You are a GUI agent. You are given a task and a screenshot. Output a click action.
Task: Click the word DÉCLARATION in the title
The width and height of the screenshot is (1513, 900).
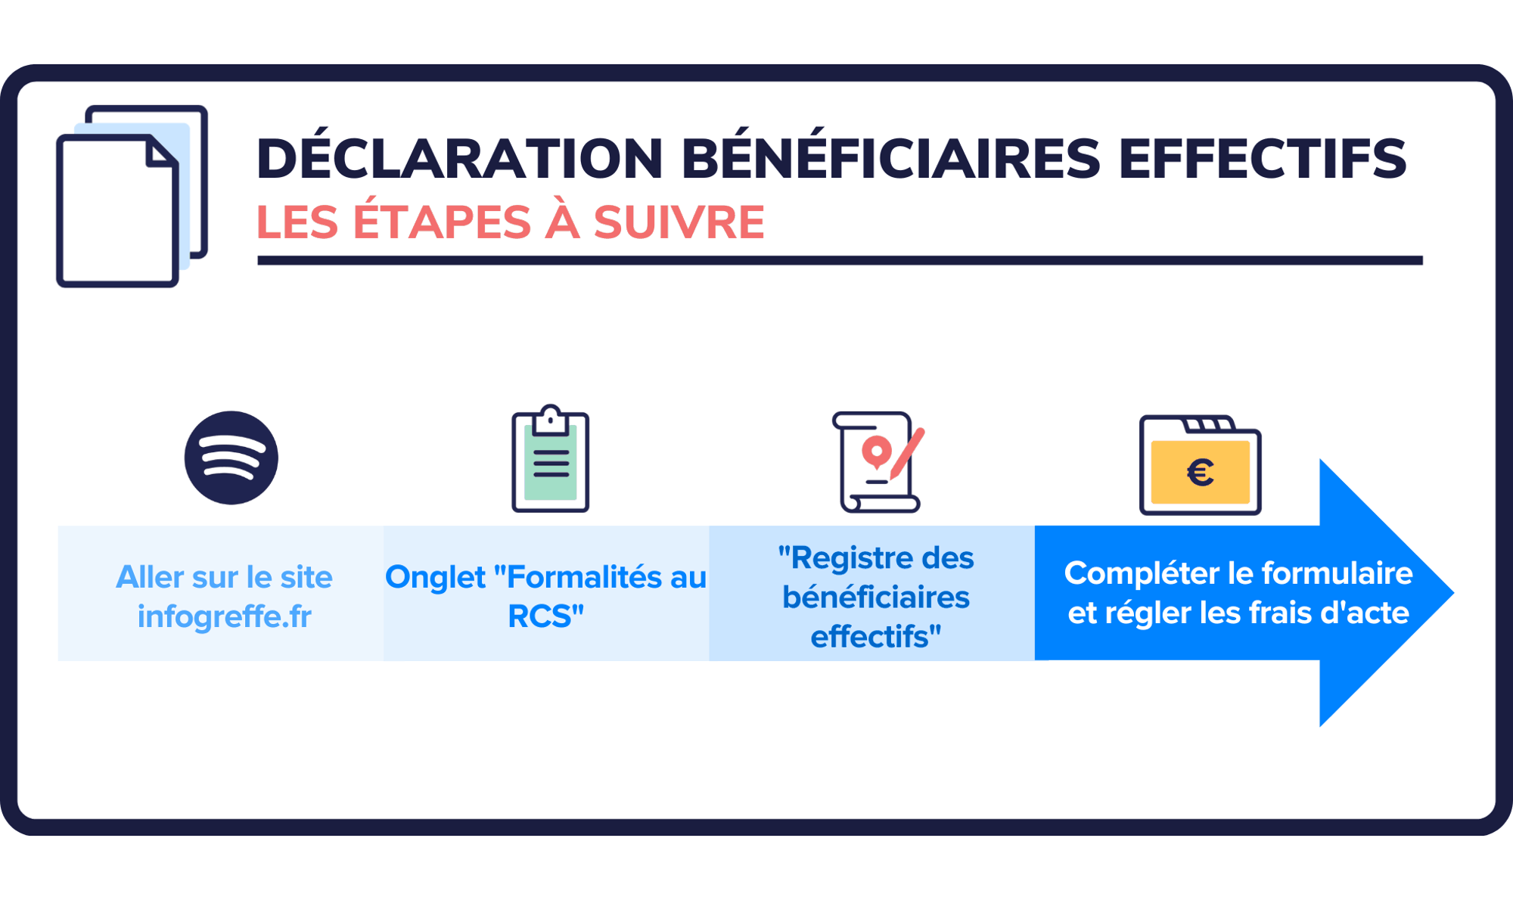[x=459, y=160]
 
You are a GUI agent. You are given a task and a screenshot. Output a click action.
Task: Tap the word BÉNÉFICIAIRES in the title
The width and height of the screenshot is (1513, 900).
[x=890, y=160]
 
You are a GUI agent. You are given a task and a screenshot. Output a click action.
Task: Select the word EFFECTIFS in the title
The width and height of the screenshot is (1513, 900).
[x=1261, y=160]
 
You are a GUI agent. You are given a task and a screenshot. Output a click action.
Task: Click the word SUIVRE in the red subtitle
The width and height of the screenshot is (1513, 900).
[x=679, y=222]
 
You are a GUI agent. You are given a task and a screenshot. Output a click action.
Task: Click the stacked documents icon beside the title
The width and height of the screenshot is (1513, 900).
[x=132, y=197]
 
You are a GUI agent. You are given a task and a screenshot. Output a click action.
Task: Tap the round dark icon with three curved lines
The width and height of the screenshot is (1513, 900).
[x=231, y=458]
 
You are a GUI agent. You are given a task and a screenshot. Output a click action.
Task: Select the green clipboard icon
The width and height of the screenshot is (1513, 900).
[x=550, y=461]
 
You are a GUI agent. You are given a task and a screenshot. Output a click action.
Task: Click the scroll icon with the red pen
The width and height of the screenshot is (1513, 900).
[x=878, y=462]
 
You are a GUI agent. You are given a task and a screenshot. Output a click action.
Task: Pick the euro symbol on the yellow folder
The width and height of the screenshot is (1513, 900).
[x=1201, y=473]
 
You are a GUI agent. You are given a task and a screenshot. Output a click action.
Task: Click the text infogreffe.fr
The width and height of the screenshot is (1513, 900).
[x=224, y=616]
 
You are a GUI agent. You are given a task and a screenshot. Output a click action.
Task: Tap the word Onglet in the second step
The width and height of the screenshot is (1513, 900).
[x=435, y=577]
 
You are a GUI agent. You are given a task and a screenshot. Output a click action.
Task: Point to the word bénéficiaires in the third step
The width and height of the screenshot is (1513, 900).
[x=875, y=597]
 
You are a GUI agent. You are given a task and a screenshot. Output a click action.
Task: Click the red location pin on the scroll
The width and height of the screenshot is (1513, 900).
[x=876, y=452]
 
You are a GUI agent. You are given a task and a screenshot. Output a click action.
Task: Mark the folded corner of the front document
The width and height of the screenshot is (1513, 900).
[x=160, y=151]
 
